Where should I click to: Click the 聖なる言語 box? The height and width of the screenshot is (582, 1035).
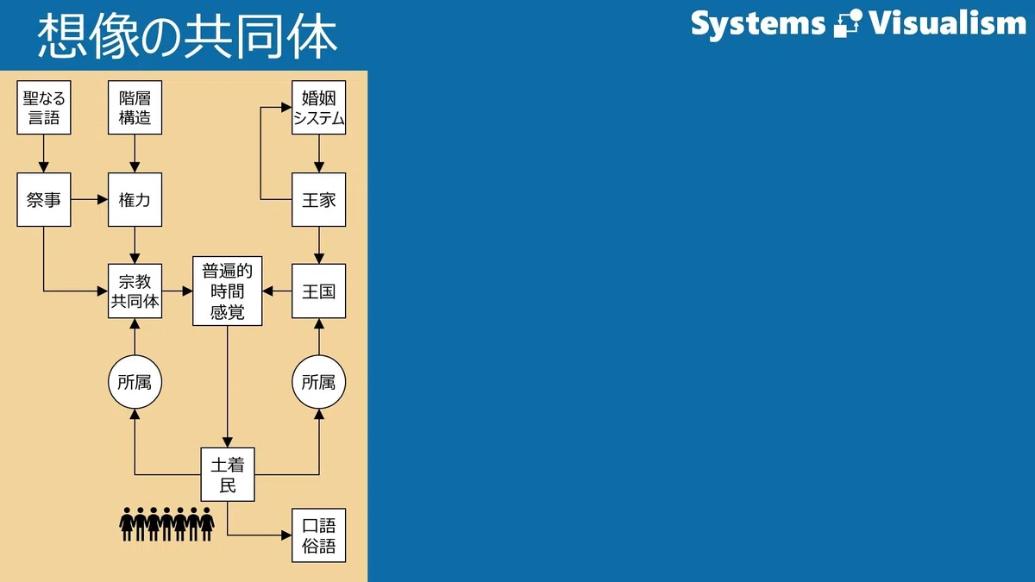coord(44,108)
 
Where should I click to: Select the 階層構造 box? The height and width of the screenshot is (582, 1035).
coord(135,108)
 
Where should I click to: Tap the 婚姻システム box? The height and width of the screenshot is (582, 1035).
coord(319,108)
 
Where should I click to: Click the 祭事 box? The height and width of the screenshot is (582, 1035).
coord(44,199)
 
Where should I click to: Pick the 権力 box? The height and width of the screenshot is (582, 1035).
coord(135,199)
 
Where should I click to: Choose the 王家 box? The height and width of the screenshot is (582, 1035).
coord(319,199)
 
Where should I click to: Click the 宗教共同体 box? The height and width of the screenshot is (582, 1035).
coord(135,291)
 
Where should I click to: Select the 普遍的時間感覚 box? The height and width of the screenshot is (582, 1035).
coord(228,291)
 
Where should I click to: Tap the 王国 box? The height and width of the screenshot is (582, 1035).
coord(319,291)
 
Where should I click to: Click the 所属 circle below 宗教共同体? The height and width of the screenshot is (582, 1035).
coord(135,382)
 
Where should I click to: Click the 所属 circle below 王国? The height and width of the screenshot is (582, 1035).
coord(319,382)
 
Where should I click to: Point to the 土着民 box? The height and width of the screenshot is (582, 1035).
coord(228,474)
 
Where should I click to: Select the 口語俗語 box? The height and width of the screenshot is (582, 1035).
coord(319,535)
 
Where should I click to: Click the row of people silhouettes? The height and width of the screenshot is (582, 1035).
coord(166,524)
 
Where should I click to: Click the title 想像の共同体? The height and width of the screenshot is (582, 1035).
coord(187,35)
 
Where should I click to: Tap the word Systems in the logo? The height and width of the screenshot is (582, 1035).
coord(758,24)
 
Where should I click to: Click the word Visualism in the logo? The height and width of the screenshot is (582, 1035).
coord(947,22)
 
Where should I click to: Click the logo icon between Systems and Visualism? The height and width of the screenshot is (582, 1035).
coord(848,23)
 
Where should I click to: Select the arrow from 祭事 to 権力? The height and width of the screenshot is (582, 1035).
coord(89,199)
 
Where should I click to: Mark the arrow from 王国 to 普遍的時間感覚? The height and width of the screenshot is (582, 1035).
coord(277,291)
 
